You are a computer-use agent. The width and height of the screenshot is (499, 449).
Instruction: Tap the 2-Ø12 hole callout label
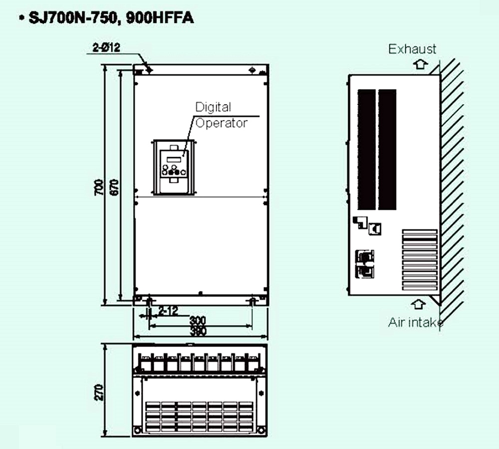tap(106, 48)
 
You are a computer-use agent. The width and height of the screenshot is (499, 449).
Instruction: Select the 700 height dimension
tap(100, 187)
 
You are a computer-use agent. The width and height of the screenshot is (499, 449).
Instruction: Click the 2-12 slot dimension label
tap(168, 311)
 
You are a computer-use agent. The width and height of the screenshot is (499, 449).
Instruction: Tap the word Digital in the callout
tap(213, 107)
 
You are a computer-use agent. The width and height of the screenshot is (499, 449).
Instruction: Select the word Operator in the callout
tap(221, 123)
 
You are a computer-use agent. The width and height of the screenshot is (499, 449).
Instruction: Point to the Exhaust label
tap(412, 49)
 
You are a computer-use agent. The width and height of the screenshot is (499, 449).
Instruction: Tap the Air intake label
tap(416, 322)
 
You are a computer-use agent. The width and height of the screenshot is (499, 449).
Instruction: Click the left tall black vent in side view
tap(366, 149)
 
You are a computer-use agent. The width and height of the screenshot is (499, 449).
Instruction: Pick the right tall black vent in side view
tap(387, 149)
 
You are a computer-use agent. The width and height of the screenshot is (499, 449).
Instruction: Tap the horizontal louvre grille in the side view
tap(420, 259)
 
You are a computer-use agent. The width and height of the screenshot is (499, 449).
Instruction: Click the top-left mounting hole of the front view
tap(149, 69)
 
